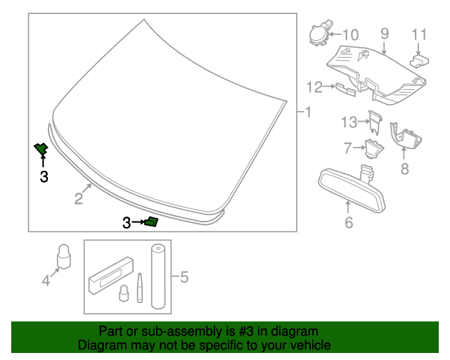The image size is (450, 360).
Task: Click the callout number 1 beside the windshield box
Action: (x=307, y=112)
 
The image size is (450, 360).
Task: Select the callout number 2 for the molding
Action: (x=79, y=199)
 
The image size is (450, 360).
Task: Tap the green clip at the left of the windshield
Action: (x=41, y=148)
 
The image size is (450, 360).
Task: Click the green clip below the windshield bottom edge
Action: (x=151, y=222)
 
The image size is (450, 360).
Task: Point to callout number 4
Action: (x=46, y=281)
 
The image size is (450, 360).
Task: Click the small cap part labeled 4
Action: (x=64, y=256)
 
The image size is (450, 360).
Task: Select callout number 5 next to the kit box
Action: (x=185, y=277)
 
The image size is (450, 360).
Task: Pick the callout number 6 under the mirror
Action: (x=349, y=224)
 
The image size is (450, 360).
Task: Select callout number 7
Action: (x=347, y=148)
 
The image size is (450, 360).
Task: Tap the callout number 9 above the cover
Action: (x=385, y=33)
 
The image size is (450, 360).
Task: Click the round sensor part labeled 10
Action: (x=318, y=34)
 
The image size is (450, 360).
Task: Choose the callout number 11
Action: (x=419, y=34)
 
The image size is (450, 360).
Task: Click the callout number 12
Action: (x=314, y=87)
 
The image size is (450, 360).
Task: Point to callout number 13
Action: (x=349, y=122)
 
